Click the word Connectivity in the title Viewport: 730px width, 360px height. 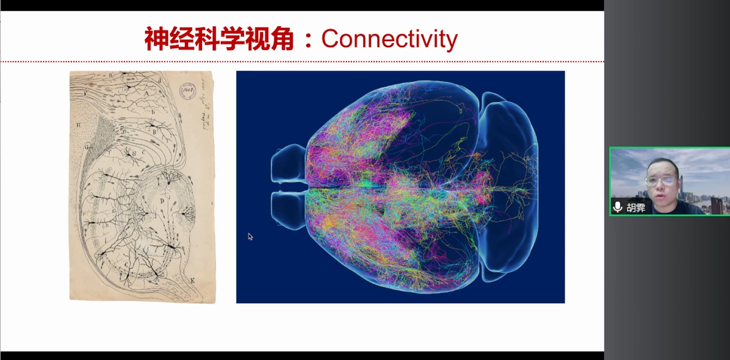click(389, 39)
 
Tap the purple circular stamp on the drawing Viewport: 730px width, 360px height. click(185, 90)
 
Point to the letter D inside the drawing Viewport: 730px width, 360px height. click(162, 200)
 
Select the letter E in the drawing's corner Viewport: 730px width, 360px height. click(192, 281)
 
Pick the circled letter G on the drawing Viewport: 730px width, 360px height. click(87, 146)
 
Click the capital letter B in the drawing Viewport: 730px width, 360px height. click(155, 131)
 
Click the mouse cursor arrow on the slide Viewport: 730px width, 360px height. click(250, 237)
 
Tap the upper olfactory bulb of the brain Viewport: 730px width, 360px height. click(287, 165)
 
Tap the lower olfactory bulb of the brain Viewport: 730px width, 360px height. click(287, 211)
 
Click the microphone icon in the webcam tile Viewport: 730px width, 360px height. click(617, 207)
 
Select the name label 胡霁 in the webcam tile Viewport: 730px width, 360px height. click(635, 207)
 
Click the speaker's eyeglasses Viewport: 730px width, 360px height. click(660, 181)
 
